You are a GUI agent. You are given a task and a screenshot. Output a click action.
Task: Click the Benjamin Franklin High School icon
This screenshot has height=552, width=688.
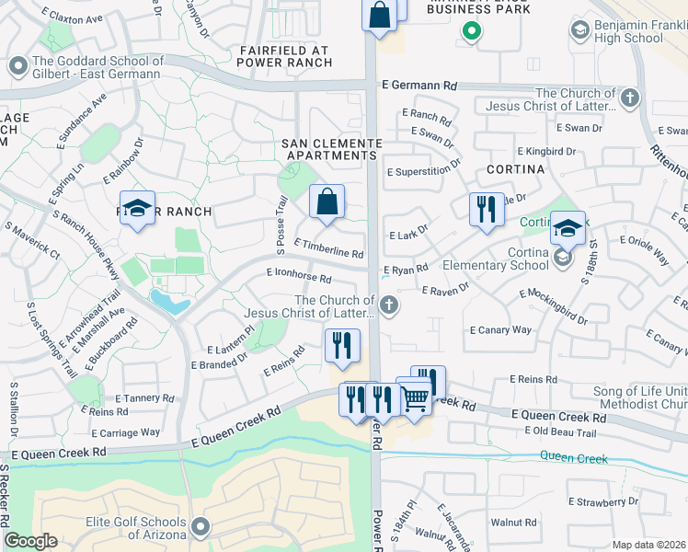(x=579, y=31)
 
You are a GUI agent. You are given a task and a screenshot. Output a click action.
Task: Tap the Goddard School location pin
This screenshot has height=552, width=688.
(x=17, y=67)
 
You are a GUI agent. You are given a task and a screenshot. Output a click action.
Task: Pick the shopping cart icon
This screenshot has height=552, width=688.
(x=416, y=397)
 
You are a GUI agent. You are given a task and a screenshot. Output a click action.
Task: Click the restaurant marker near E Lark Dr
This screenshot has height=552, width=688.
(x=487, y=208)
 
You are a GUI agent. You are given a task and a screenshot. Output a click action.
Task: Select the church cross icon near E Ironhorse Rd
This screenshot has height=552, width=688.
(x=389, y=305)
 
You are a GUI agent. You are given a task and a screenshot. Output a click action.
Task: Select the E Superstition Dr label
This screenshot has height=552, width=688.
(x=423, y=170)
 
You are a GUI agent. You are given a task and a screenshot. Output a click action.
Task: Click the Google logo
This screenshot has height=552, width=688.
(x=30, y=541)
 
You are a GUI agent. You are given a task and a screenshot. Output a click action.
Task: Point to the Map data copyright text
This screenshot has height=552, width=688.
(x=648, y=545)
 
